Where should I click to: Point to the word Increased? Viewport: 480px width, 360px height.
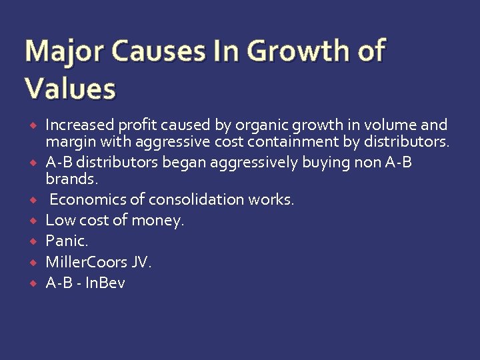(x=80, y=125)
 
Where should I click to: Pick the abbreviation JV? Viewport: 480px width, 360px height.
(x=141, y=262)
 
